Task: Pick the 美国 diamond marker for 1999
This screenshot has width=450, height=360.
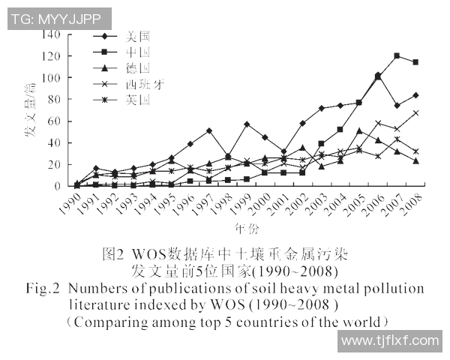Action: (x=247, y=124)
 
